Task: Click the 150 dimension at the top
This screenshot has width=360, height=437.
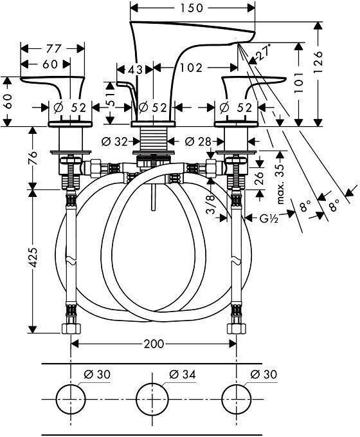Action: [x=192, y=8]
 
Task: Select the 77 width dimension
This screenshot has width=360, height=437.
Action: [x=53, y=49]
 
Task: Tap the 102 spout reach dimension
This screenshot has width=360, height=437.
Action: [x=191, y=68]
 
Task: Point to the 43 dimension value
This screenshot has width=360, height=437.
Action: [x=135, y=69]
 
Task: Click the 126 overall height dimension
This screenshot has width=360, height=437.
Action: [x=318, y=62]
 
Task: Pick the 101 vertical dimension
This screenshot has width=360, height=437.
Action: [x=298, y=83]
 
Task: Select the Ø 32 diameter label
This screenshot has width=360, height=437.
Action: [x=114, y=142]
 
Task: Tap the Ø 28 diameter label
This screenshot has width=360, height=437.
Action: [x=198, y=142]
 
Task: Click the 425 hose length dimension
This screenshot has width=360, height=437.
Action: [x=33, y=257]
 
